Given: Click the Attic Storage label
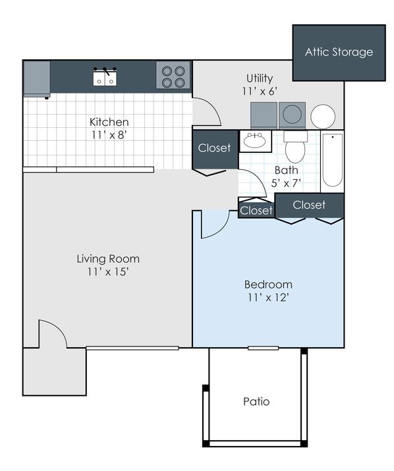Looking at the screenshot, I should tap(339, 52).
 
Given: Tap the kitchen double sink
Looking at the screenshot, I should tap(105, 76).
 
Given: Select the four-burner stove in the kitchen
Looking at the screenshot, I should tap(173, 76).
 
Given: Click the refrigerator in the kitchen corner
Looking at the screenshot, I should tap(37, 78).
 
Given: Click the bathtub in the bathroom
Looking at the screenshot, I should tap(333, 160).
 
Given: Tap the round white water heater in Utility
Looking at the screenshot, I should tap(323, 116).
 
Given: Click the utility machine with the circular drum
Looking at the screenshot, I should tap(291, 115).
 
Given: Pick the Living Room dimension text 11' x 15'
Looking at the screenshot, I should tap(108, 272).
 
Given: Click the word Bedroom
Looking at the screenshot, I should tap(268, 285).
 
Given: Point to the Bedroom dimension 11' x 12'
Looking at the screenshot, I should tap(268, 297).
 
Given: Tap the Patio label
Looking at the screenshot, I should tap(256, 401).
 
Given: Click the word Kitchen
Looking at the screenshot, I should tap(109, 122).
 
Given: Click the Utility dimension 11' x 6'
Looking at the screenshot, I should tap(260, 91).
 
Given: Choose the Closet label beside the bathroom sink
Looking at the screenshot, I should tap(215, 148).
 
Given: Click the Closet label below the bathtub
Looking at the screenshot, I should tap(310, 205).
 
